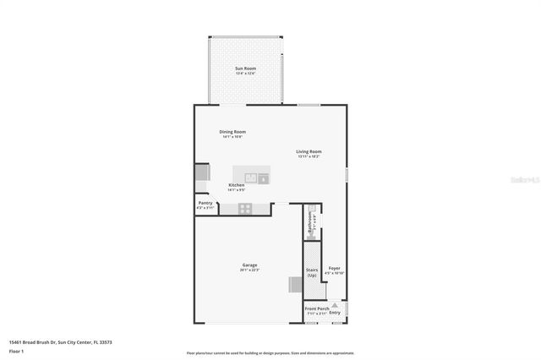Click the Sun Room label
point(245,68)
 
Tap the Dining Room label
point(232,132)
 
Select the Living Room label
point(309,152)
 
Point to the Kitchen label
point(237,185)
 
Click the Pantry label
point(205,203)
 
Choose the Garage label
point(250,265)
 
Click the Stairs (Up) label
point(312,272)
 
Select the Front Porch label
point(316,308)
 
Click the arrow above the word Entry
point(335,305)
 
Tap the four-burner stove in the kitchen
point(245,208)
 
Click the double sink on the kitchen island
point(250,177)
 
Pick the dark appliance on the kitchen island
point(264,178)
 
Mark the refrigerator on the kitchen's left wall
point(201,172)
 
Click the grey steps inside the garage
point(295,285)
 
